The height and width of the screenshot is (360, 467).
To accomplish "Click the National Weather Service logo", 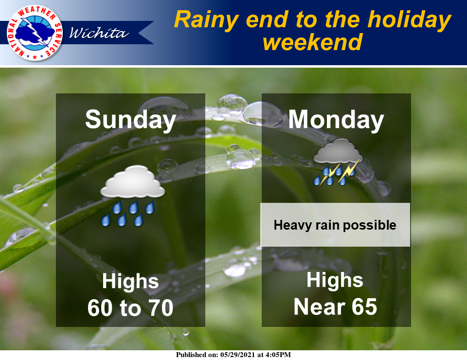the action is tap(35, 33).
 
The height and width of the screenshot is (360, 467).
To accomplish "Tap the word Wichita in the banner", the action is tap(99, 33).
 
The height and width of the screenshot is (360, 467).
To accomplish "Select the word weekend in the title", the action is tap(313, 42).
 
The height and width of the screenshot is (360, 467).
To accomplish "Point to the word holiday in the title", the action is tap(410, 20).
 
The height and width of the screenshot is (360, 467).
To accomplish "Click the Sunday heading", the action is tap(130, 120).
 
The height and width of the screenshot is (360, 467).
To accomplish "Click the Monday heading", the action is tap(336, 120).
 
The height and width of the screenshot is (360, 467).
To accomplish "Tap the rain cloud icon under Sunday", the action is tap(132, 196).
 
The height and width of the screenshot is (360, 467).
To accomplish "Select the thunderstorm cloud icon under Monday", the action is tap(338, 162).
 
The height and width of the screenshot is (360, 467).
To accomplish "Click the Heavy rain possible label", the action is tap(335, 225).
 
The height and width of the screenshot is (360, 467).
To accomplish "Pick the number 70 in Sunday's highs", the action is tap(161, 308).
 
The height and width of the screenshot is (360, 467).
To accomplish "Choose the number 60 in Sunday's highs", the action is tap(99, 308).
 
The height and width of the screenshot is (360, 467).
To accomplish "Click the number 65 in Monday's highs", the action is tap(364, 306).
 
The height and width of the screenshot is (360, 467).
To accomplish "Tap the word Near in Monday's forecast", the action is tap(319, 306).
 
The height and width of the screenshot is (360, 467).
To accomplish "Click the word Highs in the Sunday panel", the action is tap(130, 281).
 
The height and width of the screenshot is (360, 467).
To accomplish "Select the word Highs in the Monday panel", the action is tap(335, 280).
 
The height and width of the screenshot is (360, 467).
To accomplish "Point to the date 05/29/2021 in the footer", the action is tap(238, 355).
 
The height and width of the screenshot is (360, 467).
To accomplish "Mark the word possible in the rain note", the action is tap(370, 225).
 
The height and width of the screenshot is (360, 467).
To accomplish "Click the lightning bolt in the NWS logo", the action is tap(35, 32).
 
